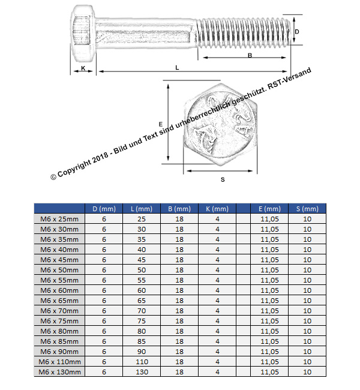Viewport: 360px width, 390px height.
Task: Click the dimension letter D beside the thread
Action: click(x=297, y=31)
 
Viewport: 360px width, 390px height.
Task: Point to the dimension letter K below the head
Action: click(x=83, y=68)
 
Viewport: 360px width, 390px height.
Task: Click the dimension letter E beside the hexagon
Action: click(x=161, y=124)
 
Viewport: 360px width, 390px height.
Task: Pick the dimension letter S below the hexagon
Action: click(x=222, y=179)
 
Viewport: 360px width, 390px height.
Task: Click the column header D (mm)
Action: click(x=104, y=209)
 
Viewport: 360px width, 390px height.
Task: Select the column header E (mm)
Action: click(x=269, y=209)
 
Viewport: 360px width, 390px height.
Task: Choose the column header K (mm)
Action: click(x=217, y=209)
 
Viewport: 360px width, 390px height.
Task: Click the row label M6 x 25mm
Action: click(x=59, y=219)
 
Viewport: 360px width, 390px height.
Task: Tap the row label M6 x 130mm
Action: click(x=59, y=372)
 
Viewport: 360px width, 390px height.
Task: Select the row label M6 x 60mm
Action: click(x=59, y=290)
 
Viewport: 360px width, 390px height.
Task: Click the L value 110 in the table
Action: click(x=142, y=362)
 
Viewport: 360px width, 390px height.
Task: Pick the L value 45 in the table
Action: click(x=142, y=260)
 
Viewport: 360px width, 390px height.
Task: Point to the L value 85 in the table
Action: click(x=142, y=341)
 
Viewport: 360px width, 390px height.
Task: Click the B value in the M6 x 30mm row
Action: click(x=179, y=229)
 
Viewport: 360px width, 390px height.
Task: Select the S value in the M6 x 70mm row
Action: click(x=307, y=311)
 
